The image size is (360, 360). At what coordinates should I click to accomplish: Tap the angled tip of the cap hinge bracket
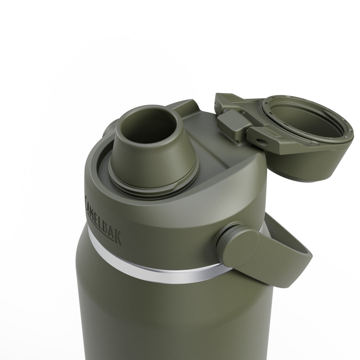(x=222, y=98)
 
